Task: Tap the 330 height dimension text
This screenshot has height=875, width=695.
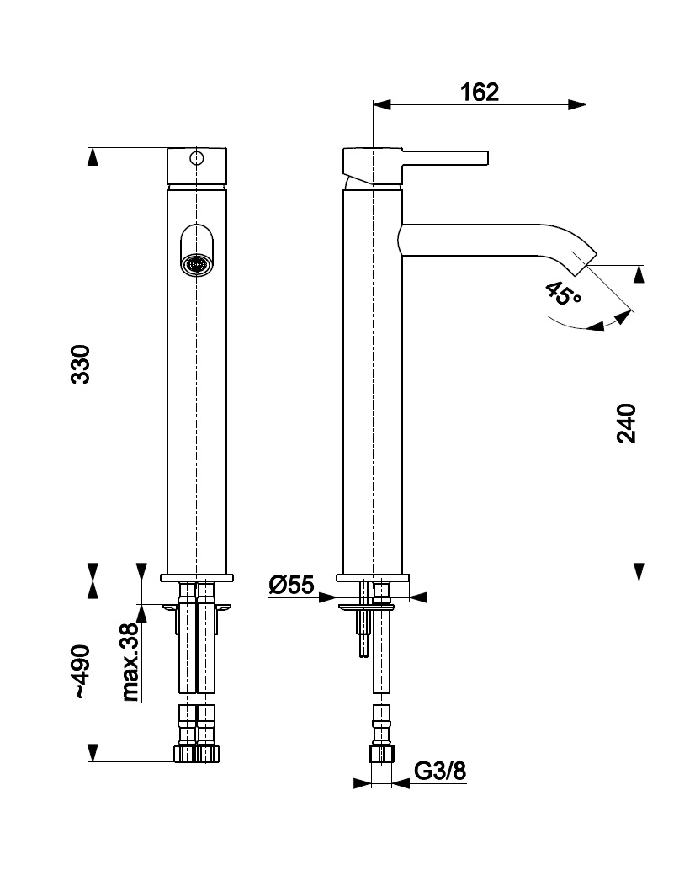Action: coord(81,364)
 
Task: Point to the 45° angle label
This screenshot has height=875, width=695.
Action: coord(563,294)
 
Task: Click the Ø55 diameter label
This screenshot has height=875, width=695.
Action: coord(291,584)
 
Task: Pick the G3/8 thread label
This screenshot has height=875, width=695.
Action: coord(440,771)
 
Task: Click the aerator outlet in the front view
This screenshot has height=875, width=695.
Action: coord(196,264)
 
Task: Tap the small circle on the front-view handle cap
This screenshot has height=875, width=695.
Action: coord(196,158)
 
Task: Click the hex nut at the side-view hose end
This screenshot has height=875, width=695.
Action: coord(382,753)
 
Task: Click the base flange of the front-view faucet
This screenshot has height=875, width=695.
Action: coord(196,578)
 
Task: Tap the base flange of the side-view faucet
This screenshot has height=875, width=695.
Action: coord(373,578)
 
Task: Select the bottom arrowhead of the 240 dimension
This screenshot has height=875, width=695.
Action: coord(640,574)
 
